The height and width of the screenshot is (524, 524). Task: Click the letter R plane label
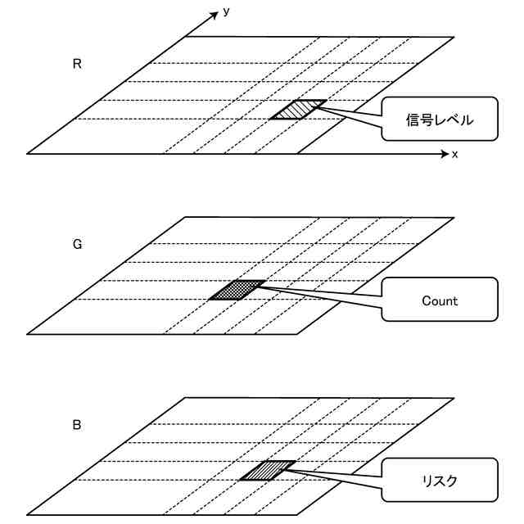(77, 64)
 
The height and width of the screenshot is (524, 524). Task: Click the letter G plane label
(77, 244)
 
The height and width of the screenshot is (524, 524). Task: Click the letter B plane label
(77, 424)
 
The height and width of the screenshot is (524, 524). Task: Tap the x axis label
(454, 154)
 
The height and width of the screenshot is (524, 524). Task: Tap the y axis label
(225, 12)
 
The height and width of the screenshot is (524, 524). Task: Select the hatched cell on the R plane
(298, 109)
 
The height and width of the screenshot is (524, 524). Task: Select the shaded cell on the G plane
(237, 290)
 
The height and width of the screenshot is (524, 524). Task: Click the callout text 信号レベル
(440, 120)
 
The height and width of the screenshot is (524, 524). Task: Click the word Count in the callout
(440, 300)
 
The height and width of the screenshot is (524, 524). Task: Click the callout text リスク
(440, 481)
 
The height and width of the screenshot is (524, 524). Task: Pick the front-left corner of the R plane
(27, 153)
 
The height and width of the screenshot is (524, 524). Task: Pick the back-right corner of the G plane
(454, 217)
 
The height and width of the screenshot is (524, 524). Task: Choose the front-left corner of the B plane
(27, 514)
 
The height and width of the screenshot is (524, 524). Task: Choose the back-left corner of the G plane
(186, 217)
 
